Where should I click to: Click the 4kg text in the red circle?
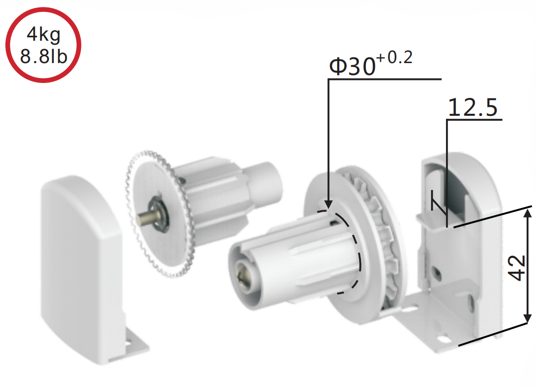click(x=43, y=35)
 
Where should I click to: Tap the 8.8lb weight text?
click(x=43, y=56)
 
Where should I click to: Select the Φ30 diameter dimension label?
click(x=353, y=66)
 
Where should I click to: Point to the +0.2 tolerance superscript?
click(x=394, y=58)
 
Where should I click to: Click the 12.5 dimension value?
click(x=473, y=107)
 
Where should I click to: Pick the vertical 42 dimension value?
click(x=517, y=268)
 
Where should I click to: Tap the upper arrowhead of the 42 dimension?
click(x=528, y=214)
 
